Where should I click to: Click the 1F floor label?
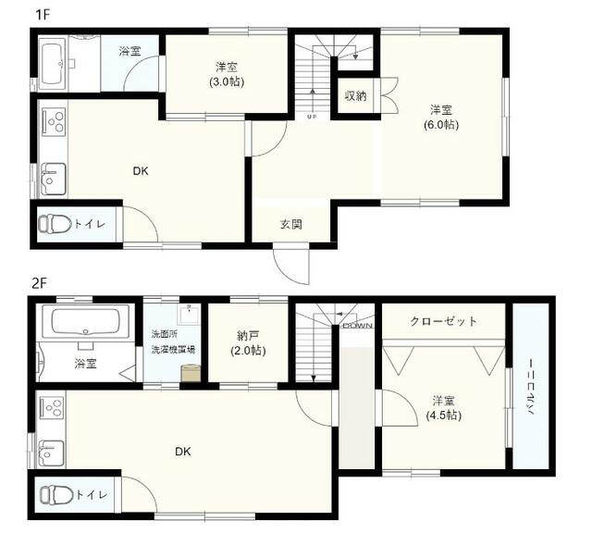(43, 15)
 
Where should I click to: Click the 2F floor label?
(39, 283)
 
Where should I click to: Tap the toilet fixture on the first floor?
(55, 223)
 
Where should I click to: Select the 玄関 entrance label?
(291, 224)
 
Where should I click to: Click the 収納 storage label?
(355, 96)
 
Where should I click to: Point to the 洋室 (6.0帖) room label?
(441, 118)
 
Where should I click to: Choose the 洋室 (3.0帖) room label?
(227, 74)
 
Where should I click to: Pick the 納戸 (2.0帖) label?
(248, 342)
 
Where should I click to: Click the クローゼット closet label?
(443, 321)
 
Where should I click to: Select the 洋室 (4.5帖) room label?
(444, 408)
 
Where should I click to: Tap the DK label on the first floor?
(141, 171)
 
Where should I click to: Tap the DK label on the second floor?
(183, 451)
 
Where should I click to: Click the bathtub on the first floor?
(52, 64)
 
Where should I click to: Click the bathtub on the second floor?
(86, 321)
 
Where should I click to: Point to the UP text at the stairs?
(312, 117)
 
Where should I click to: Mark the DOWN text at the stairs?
(358, 326)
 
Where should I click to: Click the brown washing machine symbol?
(191, 373)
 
